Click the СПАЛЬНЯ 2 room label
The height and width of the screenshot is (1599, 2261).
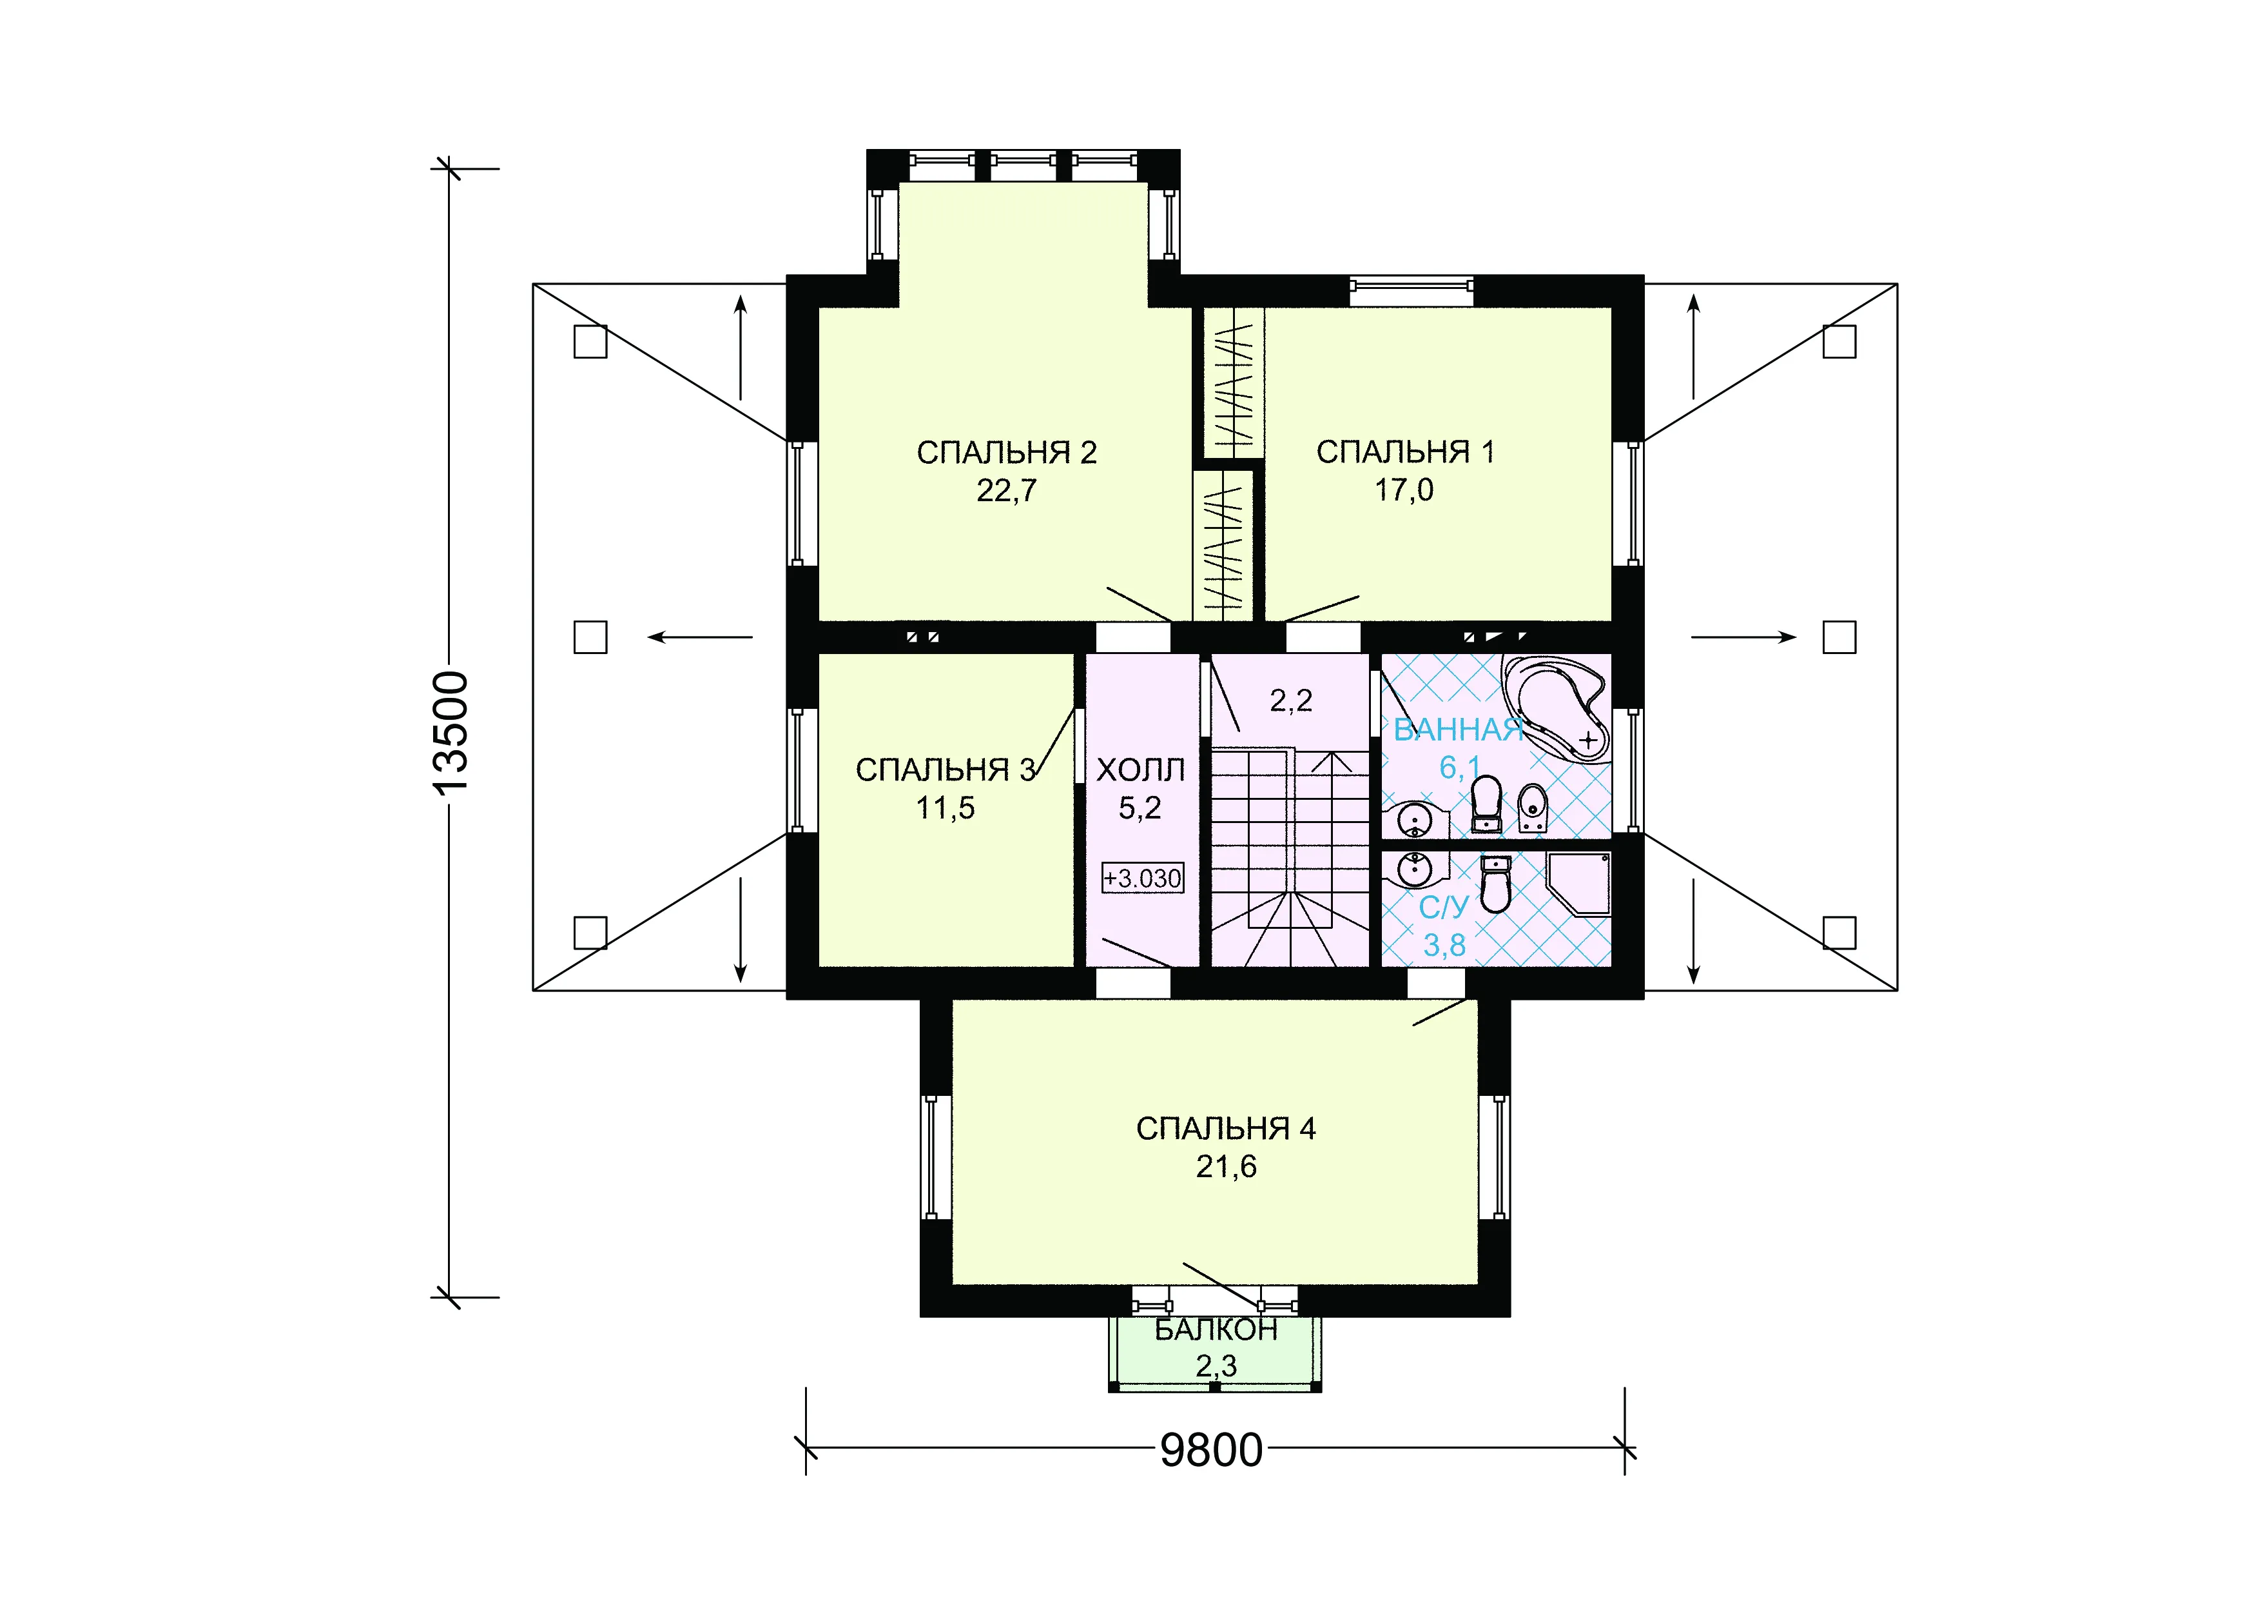coord(1006,452)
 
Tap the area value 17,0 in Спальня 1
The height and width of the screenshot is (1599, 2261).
coord(1404,490)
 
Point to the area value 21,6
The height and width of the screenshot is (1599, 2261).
coord(1226,1166)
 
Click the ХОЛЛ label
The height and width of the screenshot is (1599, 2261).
coord(1140,770)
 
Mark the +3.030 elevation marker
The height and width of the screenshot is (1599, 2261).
coord(1142,878)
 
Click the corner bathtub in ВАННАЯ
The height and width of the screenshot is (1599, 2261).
coord(1556,708)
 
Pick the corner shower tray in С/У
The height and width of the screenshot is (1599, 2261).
coord(1578,884)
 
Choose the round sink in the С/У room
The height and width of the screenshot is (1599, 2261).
coord(1416,870)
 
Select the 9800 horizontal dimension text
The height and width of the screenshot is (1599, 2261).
coord(1211,1450)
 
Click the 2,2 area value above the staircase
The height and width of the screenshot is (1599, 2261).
coord(1291,700)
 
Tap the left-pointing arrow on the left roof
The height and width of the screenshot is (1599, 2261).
coord(700,637)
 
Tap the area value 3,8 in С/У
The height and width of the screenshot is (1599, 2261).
coord(1444,946)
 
